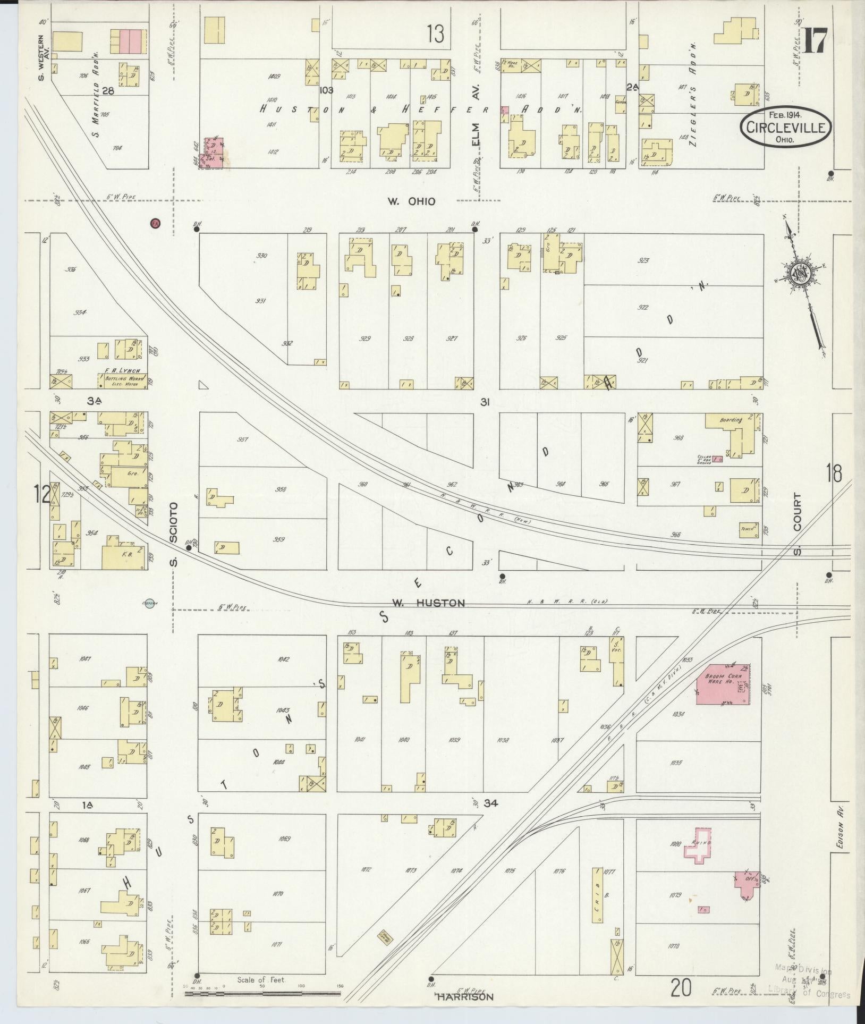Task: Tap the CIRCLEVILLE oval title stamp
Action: (779, 127)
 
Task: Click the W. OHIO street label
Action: (411, 201)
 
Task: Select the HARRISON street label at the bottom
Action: (465, 997)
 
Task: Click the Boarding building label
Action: (731, 420)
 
